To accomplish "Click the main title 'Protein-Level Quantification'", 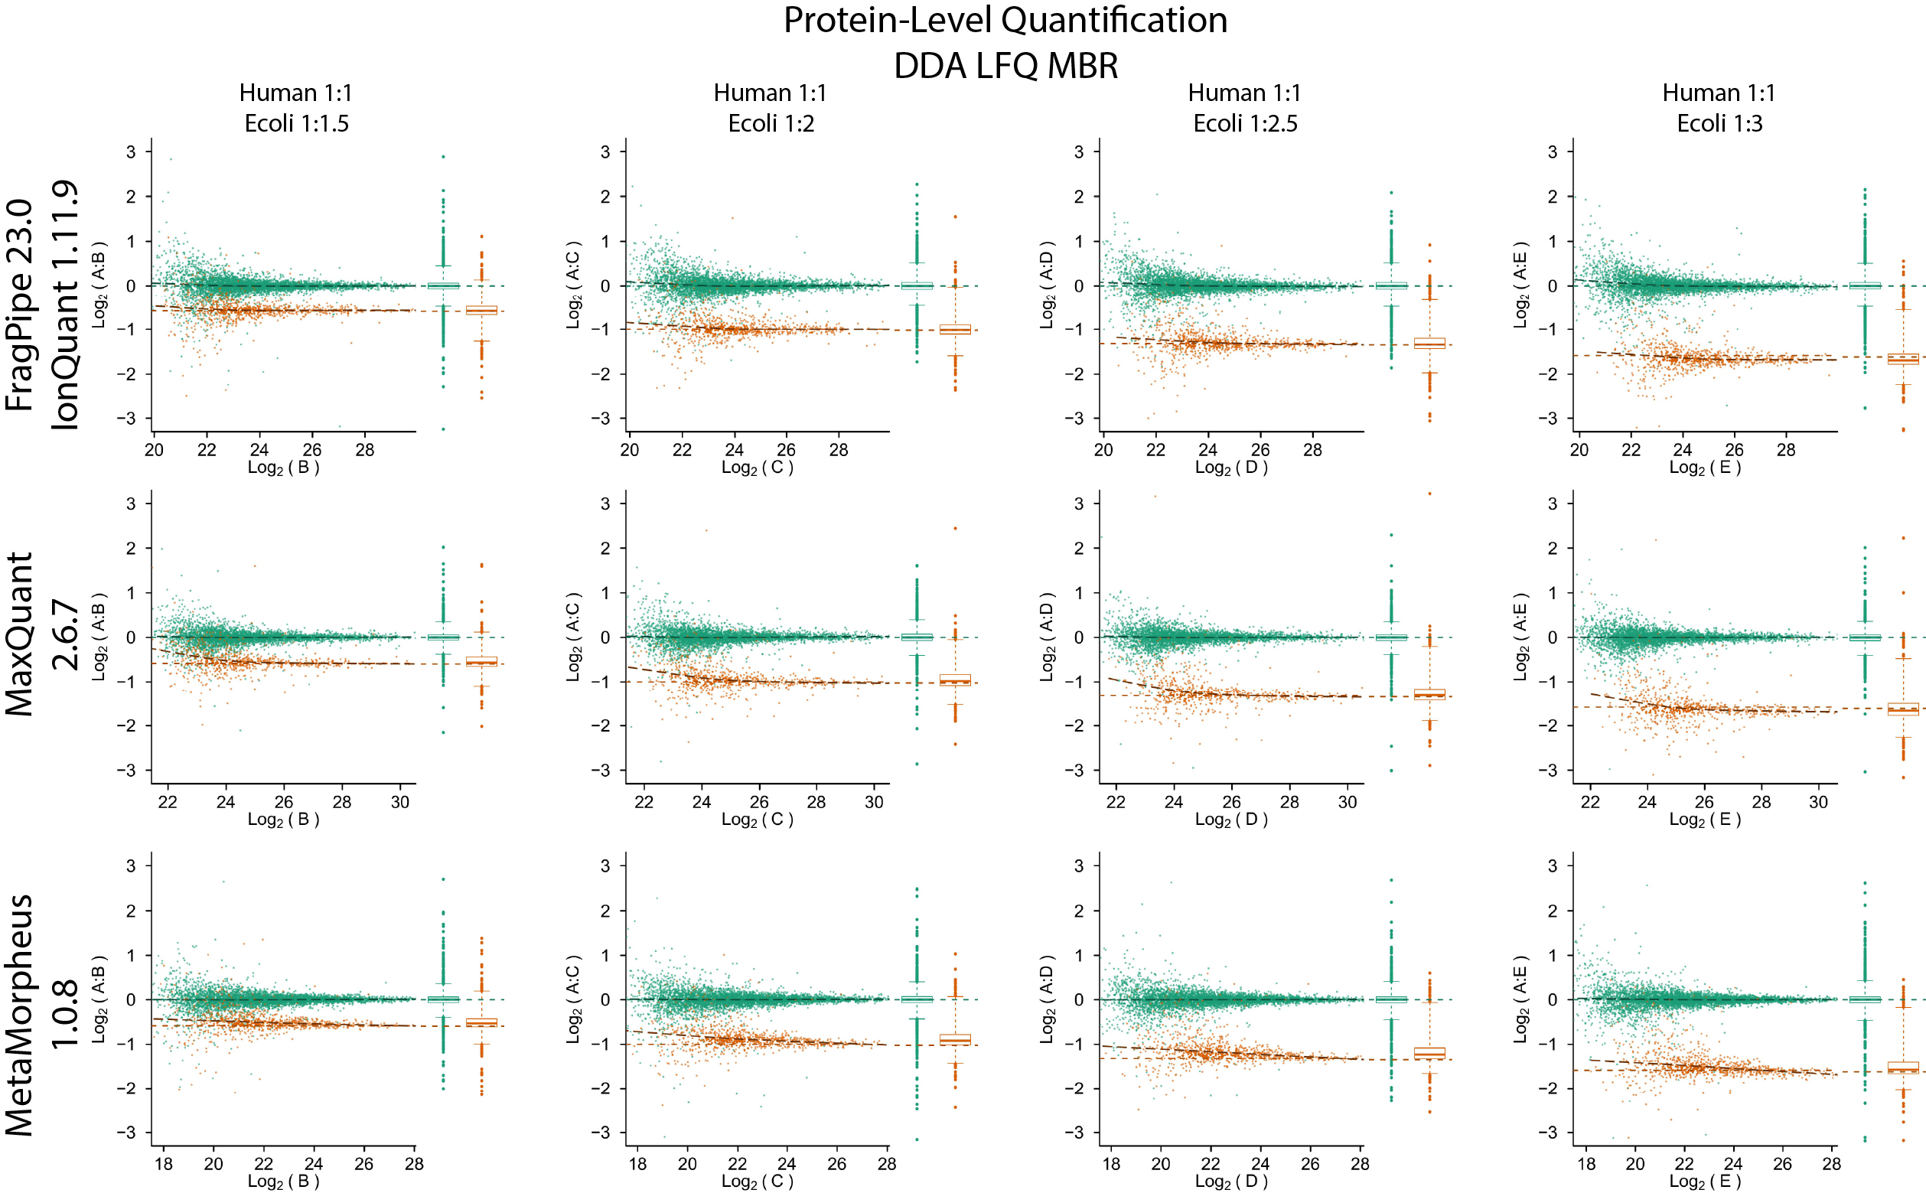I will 1005,21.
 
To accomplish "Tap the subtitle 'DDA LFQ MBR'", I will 1005,67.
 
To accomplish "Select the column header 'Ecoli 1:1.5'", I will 296,124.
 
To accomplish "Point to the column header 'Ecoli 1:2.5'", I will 1244,124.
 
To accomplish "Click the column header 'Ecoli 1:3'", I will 1719,124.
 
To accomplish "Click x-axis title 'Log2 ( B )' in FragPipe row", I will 283,468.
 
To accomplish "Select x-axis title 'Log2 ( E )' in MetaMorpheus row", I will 1704,1182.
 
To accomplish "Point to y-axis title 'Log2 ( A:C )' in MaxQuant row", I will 574,637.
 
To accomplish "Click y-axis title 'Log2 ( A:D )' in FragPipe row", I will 1047,285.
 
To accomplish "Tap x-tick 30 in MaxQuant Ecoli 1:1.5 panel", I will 400,803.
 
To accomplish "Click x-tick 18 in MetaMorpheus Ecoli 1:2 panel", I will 637,1164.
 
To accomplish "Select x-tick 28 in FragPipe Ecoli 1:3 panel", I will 1785,451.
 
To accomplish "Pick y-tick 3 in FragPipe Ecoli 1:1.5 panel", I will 131,152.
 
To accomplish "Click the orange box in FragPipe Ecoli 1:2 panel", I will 955,329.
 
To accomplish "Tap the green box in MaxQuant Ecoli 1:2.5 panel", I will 1390,637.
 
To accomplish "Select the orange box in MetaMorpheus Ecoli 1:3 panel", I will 1902,1068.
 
